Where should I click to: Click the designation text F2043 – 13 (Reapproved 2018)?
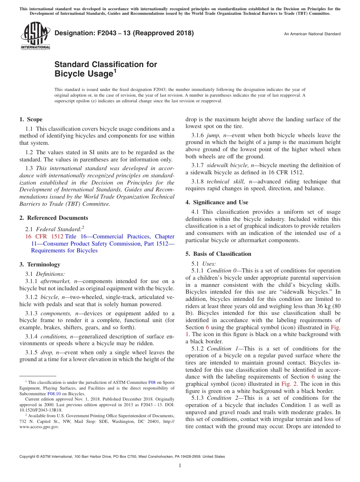click(124, 33)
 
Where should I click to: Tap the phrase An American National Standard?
click(312, 34)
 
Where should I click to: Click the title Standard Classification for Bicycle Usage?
click(105, 69)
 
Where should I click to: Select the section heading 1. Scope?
click(31, 119)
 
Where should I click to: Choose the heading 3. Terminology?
click(40, 264)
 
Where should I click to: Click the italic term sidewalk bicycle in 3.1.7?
click(226, 165)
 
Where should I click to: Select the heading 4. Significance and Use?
click(217, 202)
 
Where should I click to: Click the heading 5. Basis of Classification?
click(218, 254)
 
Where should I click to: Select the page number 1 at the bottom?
click(180, 466)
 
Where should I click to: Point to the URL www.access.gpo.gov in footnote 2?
click(39, 427)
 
